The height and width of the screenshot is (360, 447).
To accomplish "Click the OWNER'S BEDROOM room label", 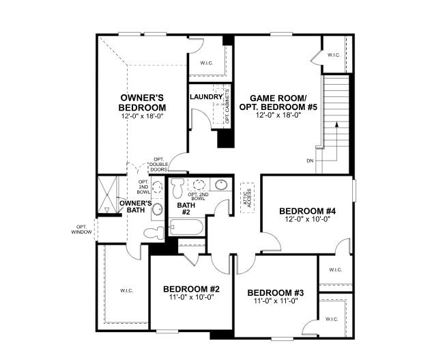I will pos(142,103).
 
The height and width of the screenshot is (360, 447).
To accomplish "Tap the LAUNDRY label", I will pos(205,97).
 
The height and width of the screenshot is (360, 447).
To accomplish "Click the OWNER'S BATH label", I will pos(135,207).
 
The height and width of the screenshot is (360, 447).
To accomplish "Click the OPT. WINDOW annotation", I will pos(81,230).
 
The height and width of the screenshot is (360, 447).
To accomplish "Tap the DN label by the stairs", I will pos(310,161).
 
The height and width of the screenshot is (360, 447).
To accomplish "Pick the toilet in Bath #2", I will pos(177,186).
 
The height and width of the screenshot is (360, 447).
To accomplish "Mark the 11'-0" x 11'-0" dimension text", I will pos(275,301).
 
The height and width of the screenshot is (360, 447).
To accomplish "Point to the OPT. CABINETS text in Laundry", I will pos(227,107).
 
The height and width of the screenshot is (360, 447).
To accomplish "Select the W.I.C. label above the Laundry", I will pos(207,64).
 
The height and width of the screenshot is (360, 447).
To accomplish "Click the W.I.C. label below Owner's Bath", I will pos(127,290).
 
